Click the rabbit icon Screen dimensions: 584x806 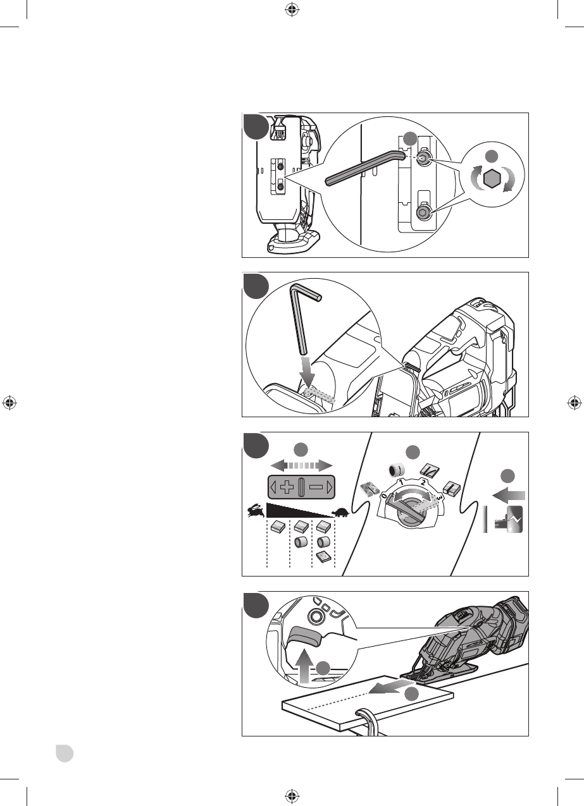(x=256, y=511)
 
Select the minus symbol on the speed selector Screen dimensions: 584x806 (x=318, y=487)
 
